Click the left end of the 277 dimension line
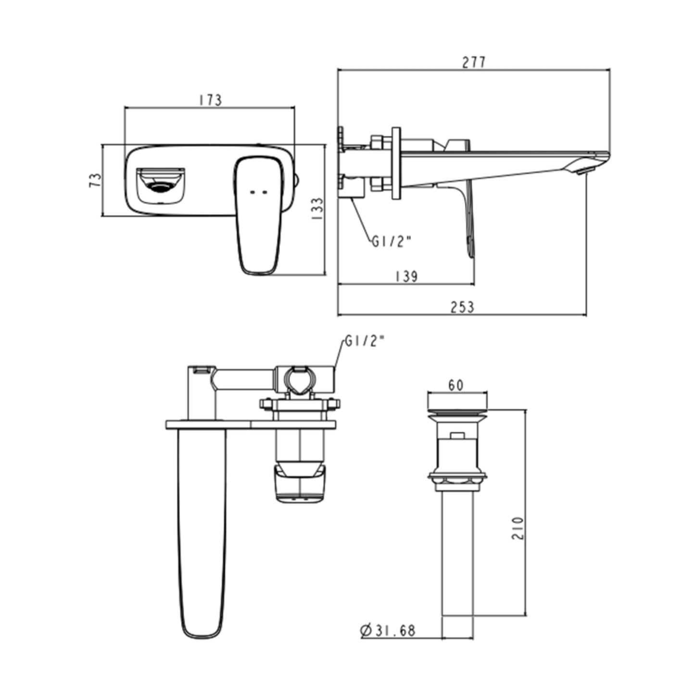point(338,69)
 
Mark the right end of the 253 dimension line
point(586,315)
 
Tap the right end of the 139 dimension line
point(474,284)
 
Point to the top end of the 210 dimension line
point(526,410)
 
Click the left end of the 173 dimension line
point(125,107)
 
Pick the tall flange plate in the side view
point(396,163)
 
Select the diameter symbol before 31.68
point(366,631)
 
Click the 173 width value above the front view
point(211,100)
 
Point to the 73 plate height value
point(95,180)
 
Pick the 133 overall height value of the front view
point(317,209)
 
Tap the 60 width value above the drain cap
point(456,385)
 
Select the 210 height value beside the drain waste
point(518,528)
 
